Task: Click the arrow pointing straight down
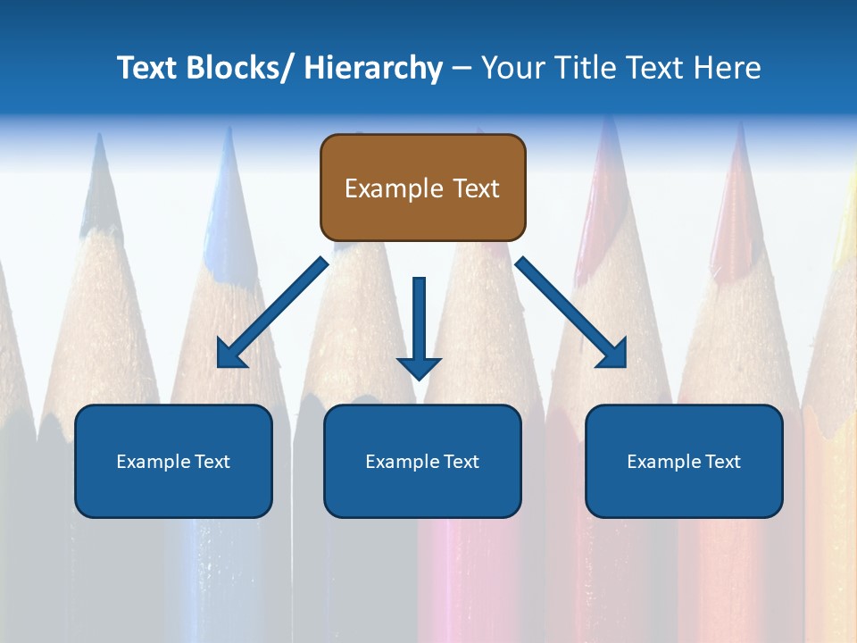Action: coord(420,321)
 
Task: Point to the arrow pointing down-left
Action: coord(272,313)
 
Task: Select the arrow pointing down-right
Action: coord(571,313)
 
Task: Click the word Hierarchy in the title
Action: coord(373,68)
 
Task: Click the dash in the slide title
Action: coord(462,68)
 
